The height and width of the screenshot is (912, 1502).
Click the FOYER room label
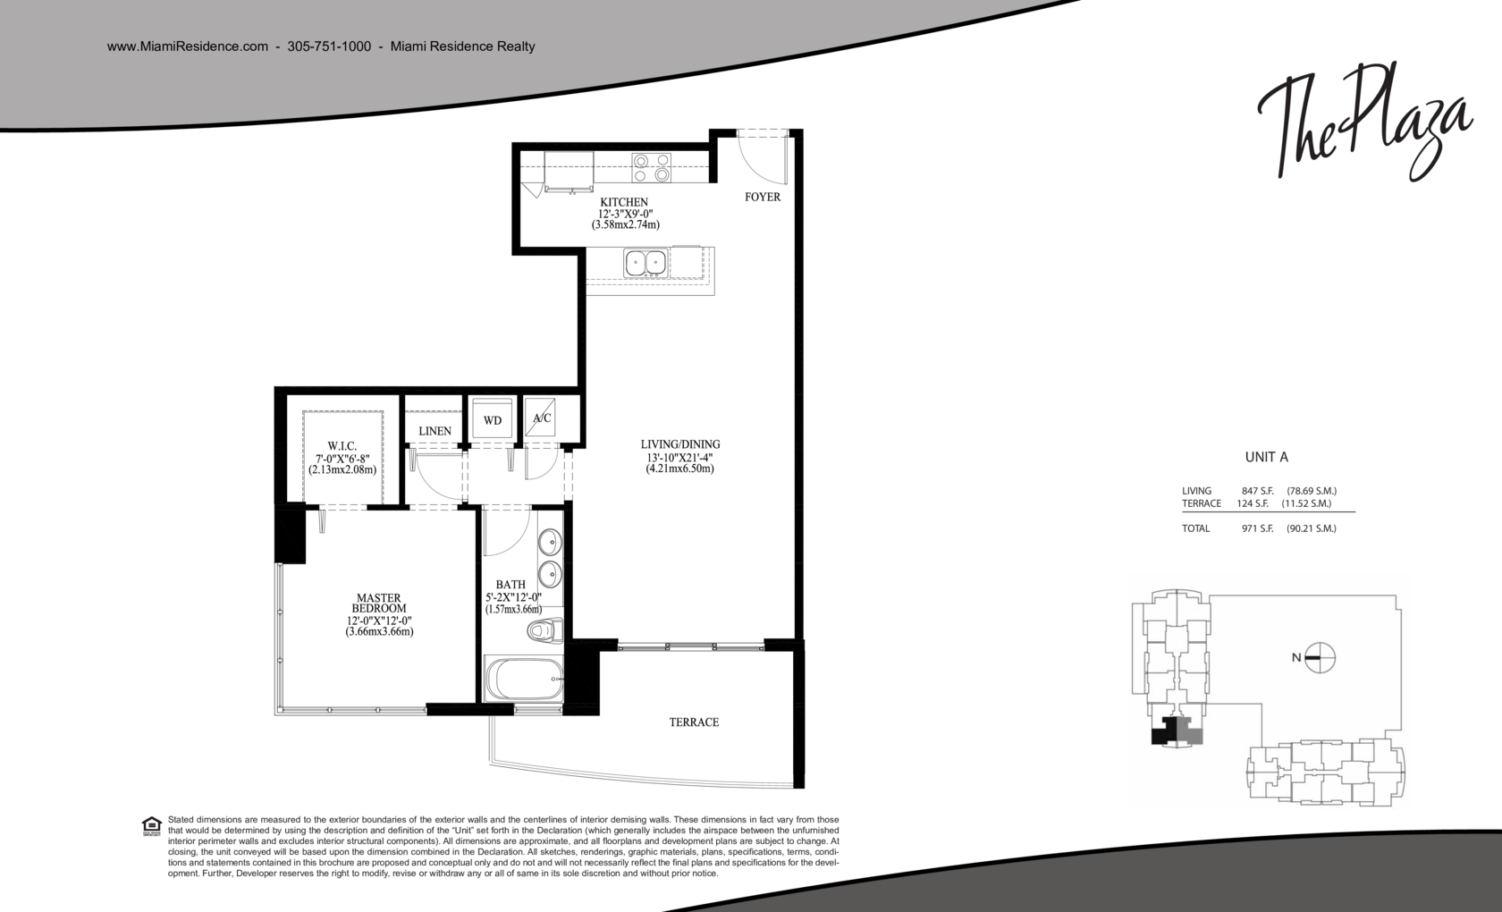[x=763, y=197]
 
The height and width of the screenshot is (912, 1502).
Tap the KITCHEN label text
[x=624, y=202]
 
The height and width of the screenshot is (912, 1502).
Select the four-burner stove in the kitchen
[x=651, y=168]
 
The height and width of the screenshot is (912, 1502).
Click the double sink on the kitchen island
[x=646, y=263]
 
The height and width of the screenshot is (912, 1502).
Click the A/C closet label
[x=542, y=418]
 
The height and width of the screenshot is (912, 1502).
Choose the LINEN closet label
[x=435, y=431]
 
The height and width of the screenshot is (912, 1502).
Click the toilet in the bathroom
[x=545, y=630]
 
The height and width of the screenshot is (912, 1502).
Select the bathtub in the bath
[x=524, y=679]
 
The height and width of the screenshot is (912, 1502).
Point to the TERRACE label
[x=694, y=722]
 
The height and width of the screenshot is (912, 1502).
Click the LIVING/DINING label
[x=679, y=443]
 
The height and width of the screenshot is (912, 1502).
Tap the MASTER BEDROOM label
[x=379, y=603]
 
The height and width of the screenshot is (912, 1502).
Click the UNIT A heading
[x=1267, y=458]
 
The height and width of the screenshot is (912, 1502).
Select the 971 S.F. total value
[x=1257, y=528]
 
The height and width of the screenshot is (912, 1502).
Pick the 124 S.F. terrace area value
[x=1253, y=502]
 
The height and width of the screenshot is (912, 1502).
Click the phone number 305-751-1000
[x=329, y=46]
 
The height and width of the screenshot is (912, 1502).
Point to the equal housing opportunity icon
[x=152, y=826]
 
